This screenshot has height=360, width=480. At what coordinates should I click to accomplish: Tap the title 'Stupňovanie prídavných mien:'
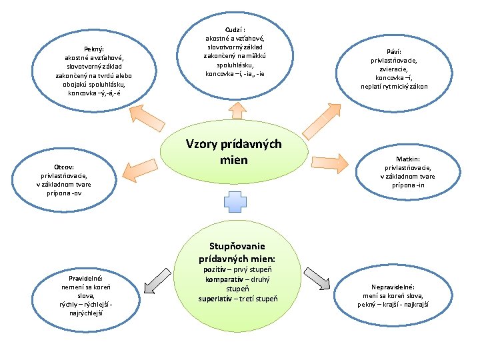point(237,251)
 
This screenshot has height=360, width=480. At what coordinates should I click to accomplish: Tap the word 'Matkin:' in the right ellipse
point(408,159)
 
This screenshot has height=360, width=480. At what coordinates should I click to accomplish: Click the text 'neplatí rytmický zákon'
point(394,86)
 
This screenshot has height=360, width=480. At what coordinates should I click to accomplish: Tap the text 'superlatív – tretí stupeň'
point(238,298)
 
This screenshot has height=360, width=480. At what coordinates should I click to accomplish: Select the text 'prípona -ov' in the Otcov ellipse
point(64,193)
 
